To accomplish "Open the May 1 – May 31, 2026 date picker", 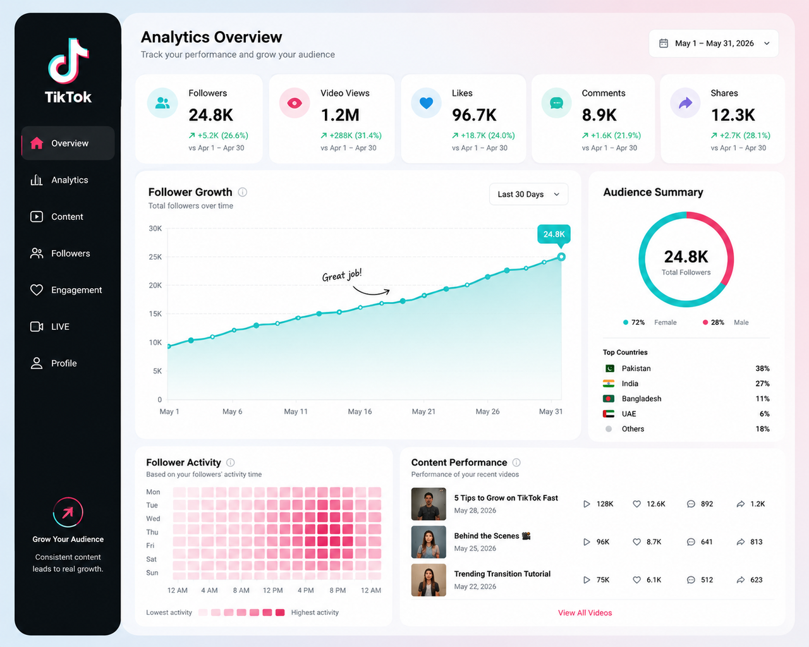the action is pyautogui.click(x=714, y=44).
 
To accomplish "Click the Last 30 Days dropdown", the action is pyautogui.click(x=528, y=195).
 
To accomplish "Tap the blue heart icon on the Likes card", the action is pyautogui.click(x=426, y=102).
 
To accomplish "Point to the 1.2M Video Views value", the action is pyautogui.click(x=340, y=115).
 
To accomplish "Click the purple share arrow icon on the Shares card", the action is pyautogui.click(x=685, y=103).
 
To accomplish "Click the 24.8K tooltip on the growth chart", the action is pyautogui.click(x=554, y=234).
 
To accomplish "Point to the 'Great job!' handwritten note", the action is pyautogui.click(x=342, y=275).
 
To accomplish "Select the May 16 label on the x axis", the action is pyautogui.click(x=360, y=412).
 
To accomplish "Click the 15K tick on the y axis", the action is pyautogui.click(x=155, y=314).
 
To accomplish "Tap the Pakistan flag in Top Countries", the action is pyautogui.click(x=609, y=368).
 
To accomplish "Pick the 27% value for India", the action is pyautogui.click(x=762, y=384).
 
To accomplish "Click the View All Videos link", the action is pyautogui.click(x=585, y=613).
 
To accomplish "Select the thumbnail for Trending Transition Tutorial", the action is pyautogui.click(x=429, y=579).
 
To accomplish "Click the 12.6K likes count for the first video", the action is pyautogui.click(x=656, y=504).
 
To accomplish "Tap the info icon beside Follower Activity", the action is pyautogui.click(x=231, y=463).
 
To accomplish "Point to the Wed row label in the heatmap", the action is pyautogui.click(x=153, y=519).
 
